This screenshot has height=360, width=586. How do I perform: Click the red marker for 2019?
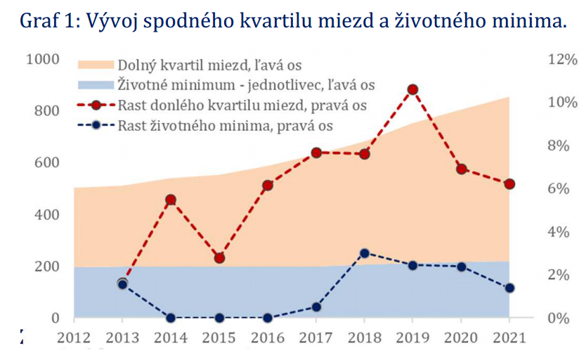pyautogui.click(x=412, y=90)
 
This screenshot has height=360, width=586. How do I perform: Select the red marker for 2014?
pyautogui.click(x=170, y=200)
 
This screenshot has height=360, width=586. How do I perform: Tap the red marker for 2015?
pyautogui.click(x=219, y=258)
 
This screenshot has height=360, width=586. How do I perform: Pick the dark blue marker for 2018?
pyautogui.click(x=364, y=254)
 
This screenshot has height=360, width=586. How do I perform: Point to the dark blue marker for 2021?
pyautogui.click(x=509, y=288)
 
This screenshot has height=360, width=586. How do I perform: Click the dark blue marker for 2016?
pyautogui.click(x=267, y=318)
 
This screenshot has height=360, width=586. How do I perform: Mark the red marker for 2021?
pyautogui.click(x=509, y=184)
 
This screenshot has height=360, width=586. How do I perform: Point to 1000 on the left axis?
pyautogui.click(x=42, y=59)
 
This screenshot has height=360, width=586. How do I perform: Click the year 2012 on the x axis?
pyautogui.click(x=73, y=338)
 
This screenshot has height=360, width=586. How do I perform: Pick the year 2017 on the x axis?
pyautogui.click(x=315, y=338)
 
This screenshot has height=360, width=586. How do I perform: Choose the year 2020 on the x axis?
pyautogui.click(x=461, y=338)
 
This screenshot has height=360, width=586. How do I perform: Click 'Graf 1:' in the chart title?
pyautogui.click(x=49, y=20)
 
